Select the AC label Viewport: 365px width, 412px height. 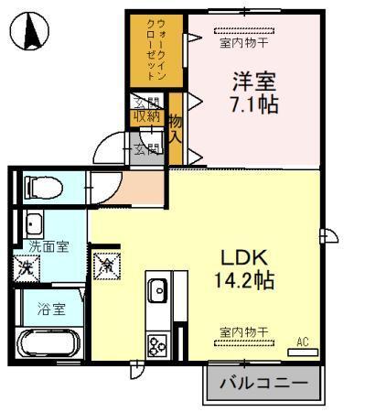point(302,342)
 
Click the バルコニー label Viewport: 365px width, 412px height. point(263,380)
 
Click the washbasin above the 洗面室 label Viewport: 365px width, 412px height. point(36,223)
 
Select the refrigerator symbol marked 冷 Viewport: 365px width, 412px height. point(107,266)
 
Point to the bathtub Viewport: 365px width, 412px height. point(51,345)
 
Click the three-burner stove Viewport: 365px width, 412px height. point(156,345)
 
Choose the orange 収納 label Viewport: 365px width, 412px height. point(145,116)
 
